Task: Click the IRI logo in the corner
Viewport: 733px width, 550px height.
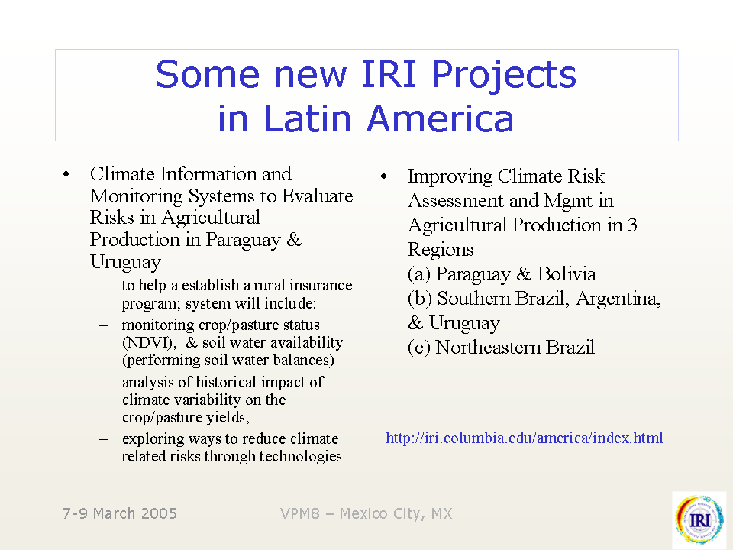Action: [x=700, y=519]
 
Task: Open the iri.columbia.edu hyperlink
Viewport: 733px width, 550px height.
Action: [x=524, y=438]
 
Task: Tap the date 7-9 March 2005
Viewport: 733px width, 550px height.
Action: [x=120, y=513]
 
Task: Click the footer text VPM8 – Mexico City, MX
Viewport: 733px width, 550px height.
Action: [x=366, y=513]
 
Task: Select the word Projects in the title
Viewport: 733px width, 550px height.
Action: [x=504, y=75]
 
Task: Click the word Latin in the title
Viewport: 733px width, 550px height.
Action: [x=308, y=118]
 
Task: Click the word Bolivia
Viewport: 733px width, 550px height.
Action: [x=566, y=274]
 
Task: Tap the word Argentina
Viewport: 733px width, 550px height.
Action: [x=618, y=299]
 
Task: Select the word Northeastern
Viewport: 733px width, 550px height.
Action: [x=488, y=348]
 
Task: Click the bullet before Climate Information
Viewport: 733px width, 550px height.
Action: [x=66, y=174]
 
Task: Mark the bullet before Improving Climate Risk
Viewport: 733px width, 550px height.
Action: [x=384, y=176]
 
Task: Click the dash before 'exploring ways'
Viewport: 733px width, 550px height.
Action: [x=103, y=440]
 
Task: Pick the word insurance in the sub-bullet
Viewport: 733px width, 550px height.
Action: [x=321, y=285]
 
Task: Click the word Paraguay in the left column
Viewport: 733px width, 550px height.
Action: [x=243, y=240]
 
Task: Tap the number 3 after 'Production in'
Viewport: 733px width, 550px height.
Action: [x=632, y=225]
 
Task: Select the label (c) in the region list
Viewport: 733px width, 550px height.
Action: [x=419, y=348]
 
